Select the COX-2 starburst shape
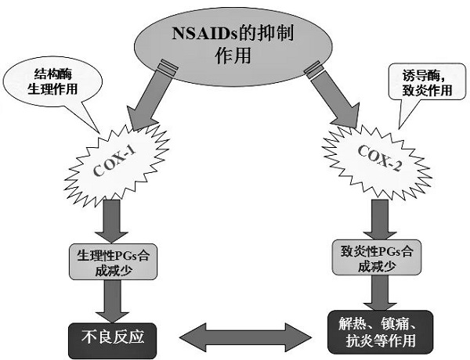(375, 160)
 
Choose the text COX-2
(375, 160)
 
